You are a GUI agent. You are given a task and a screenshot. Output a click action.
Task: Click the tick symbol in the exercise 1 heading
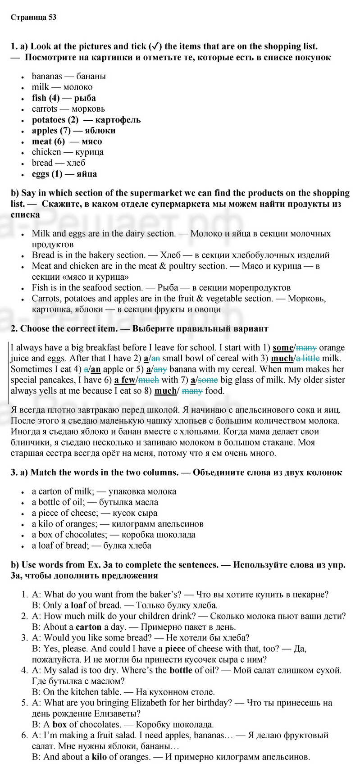point(155,46)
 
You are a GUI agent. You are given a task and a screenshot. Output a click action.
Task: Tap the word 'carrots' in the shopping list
point(45,109)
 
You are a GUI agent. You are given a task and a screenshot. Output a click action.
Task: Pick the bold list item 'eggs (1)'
point(47,173)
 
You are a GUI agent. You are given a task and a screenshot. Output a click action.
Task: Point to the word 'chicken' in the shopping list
point(46,152)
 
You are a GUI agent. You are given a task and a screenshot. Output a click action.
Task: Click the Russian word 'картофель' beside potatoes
point(118,119)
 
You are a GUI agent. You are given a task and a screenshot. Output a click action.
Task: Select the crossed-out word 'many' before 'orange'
point(306,347)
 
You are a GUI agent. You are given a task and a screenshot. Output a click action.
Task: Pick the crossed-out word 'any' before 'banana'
point(160,369)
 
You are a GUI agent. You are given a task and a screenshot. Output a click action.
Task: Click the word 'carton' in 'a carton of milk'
point(50,491)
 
